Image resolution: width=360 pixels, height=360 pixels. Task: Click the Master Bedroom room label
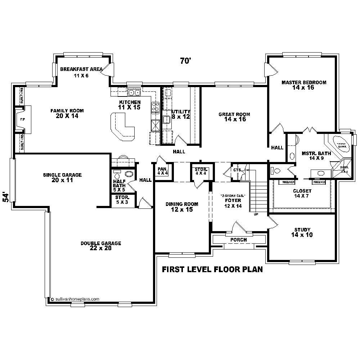[304, 85]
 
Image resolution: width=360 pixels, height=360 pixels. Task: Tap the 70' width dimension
[185, 61]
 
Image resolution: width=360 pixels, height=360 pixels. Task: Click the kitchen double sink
[134, 93]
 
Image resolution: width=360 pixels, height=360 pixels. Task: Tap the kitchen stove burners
[156, 107]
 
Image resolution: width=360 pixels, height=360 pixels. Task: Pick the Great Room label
[234, 117]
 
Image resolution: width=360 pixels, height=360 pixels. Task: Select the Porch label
[238, 240]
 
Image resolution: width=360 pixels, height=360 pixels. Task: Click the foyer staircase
[258, 196]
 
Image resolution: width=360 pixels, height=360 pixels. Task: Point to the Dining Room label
[182, 207]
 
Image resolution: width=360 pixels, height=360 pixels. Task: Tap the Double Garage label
[101, 246]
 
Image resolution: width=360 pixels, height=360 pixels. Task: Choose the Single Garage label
[62, 177]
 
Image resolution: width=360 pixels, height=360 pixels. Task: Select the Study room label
[302, 232]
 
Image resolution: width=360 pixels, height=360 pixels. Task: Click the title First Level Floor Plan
[212, 269]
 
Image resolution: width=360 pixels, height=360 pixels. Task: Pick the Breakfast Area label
[81, 72]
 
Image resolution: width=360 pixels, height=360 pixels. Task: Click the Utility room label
[181, 114]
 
